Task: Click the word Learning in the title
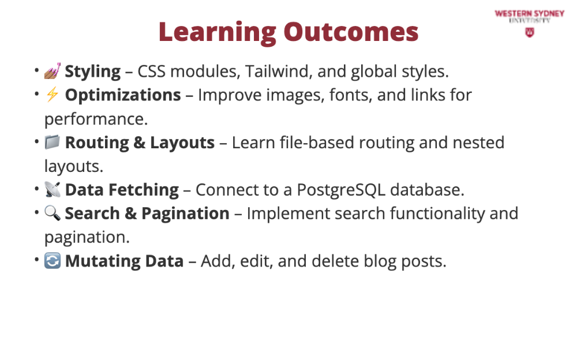pyautogui.click(x=218, y=32)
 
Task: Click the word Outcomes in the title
pyautogui.click(x=351, y=32)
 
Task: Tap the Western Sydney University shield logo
pyautogui.click(x=530, y=33)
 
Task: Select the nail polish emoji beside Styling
pyautogui.click(x=53, y=71)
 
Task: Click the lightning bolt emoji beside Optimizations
pyautogui.click(x=53, y=95)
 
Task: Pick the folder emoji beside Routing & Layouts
pyautogui.click(x=53, y=142)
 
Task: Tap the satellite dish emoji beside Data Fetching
pyautogui.click(x=53, y=190)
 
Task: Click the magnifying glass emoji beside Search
pyautogui.click(x=53, y=213)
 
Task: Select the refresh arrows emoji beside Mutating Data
pyautogui.click(x=53, y=261)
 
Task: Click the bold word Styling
pyautogui.click(x=93, y=72)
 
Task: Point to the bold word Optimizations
pyautogui.click(x=123, y=95)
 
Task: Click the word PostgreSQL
pyautogui.click(x=341, y=190)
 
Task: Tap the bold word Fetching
pyautogui.click(x=144, y=190)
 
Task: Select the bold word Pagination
pyautogui.click(x=185, y=214)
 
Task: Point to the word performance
pyautogui.click(x=96, y=119)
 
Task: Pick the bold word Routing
pyautogui.click(x=97, y=143)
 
